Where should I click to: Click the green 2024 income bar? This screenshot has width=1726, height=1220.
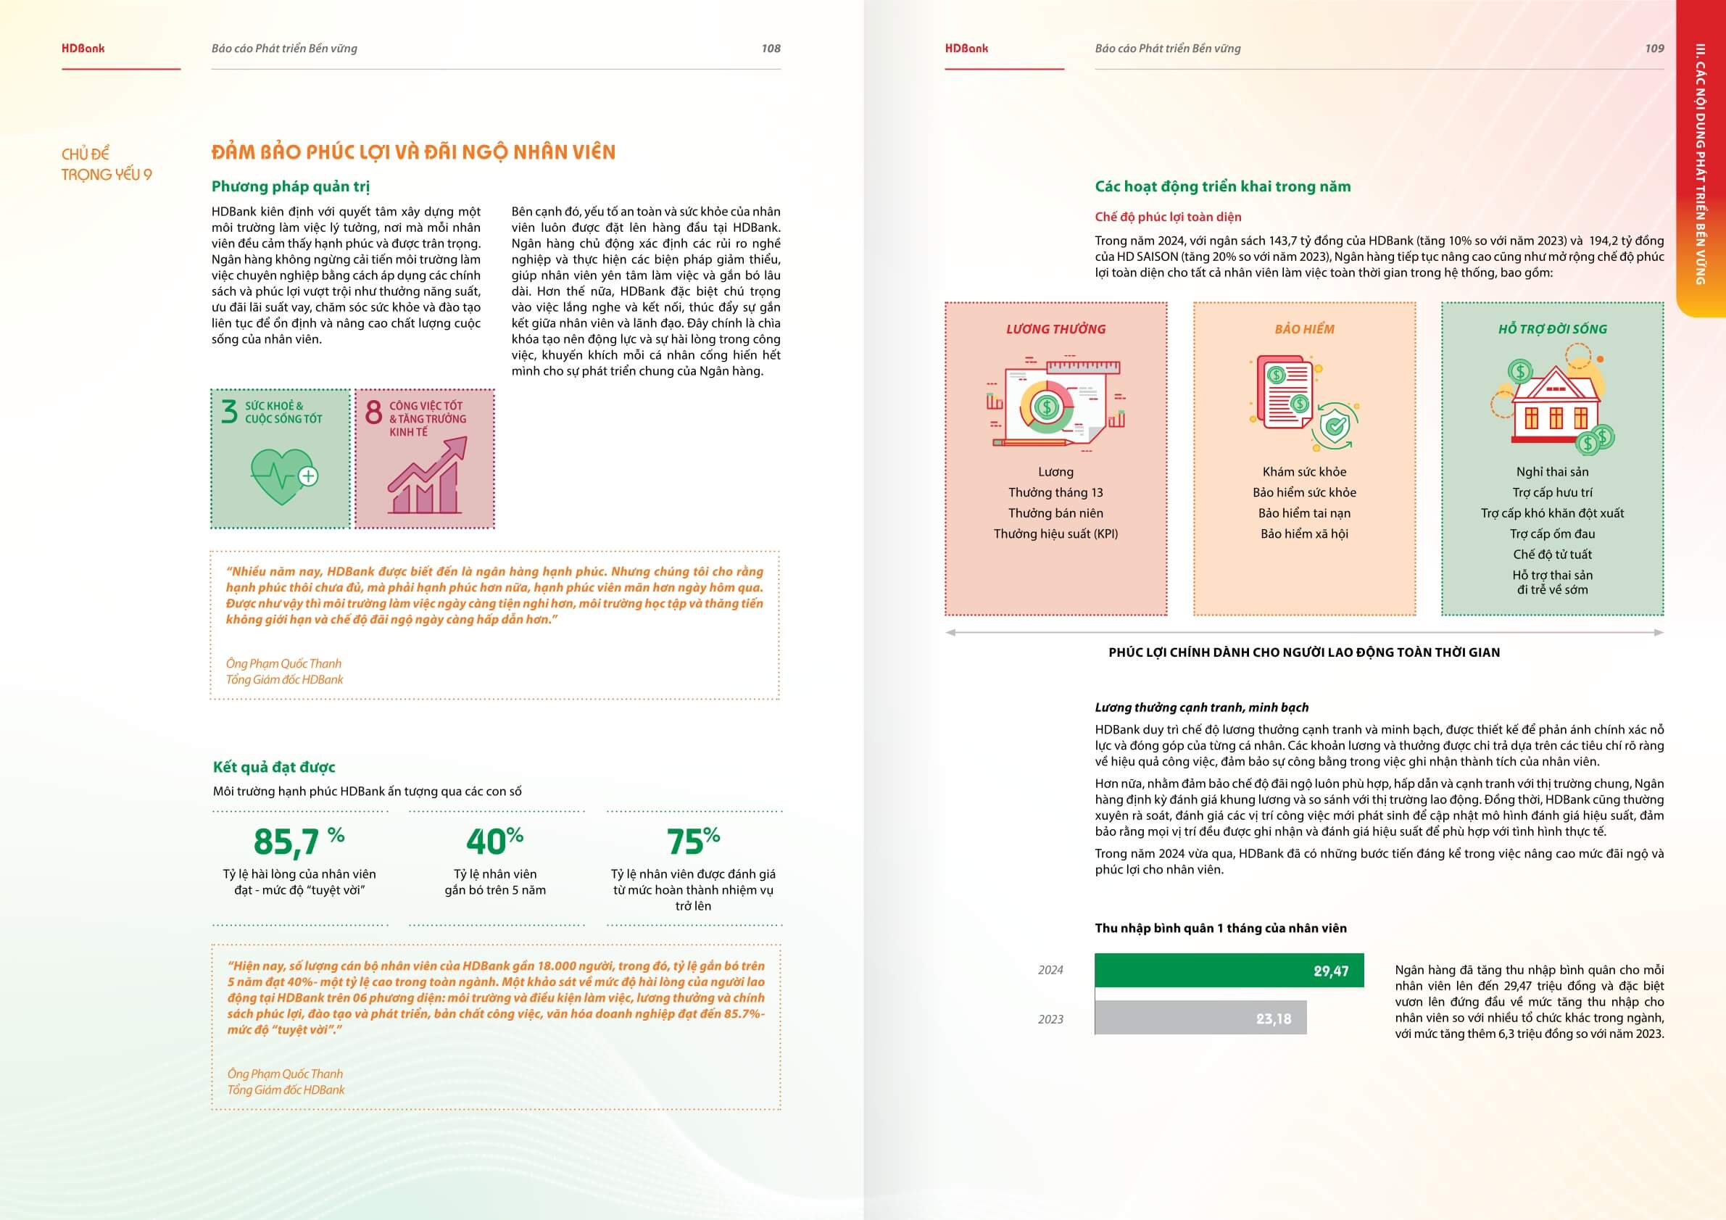[x=1228, y=970]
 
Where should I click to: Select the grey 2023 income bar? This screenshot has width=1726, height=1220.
[x=1200, y=1018]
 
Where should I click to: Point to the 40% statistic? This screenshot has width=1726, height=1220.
[x=494, y=841]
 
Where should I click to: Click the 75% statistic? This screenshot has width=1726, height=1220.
[x=692, y=841]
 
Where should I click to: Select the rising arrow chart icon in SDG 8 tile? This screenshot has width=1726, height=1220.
[x=426, y=476]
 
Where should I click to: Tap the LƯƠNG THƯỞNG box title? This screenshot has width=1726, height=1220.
[x=1055, y=329]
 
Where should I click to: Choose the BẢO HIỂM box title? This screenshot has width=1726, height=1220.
[x=1304, y=329]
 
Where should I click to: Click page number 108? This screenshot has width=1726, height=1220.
[x=771, y=48]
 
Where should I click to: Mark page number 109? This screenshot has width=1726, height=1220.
[x=1654, y=48]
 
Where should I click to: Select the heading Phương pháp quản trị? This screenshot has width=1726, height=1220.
[x=290, y=186]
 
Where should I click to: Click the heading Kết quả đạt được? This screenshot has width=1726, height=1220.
[x=273, y=767]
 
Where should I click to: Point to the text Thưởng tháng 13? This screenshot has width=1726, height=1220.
[x=1055, y=492]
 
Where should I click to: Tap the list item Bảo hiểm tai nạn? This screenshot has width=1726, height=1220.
[x=1304, y=513]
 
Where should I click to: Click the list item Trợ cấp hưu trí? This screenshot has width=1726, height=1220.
[x=1552, y=492]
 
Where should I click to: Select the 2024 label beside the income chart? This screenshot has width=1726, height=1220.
[x=1050, y=970]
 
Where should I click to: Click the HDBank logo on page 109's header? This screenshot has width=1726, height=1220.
[x=966, y=48]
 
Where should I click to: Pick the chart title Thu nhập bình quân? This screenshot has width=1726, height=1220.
[x=1220, y=928]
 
